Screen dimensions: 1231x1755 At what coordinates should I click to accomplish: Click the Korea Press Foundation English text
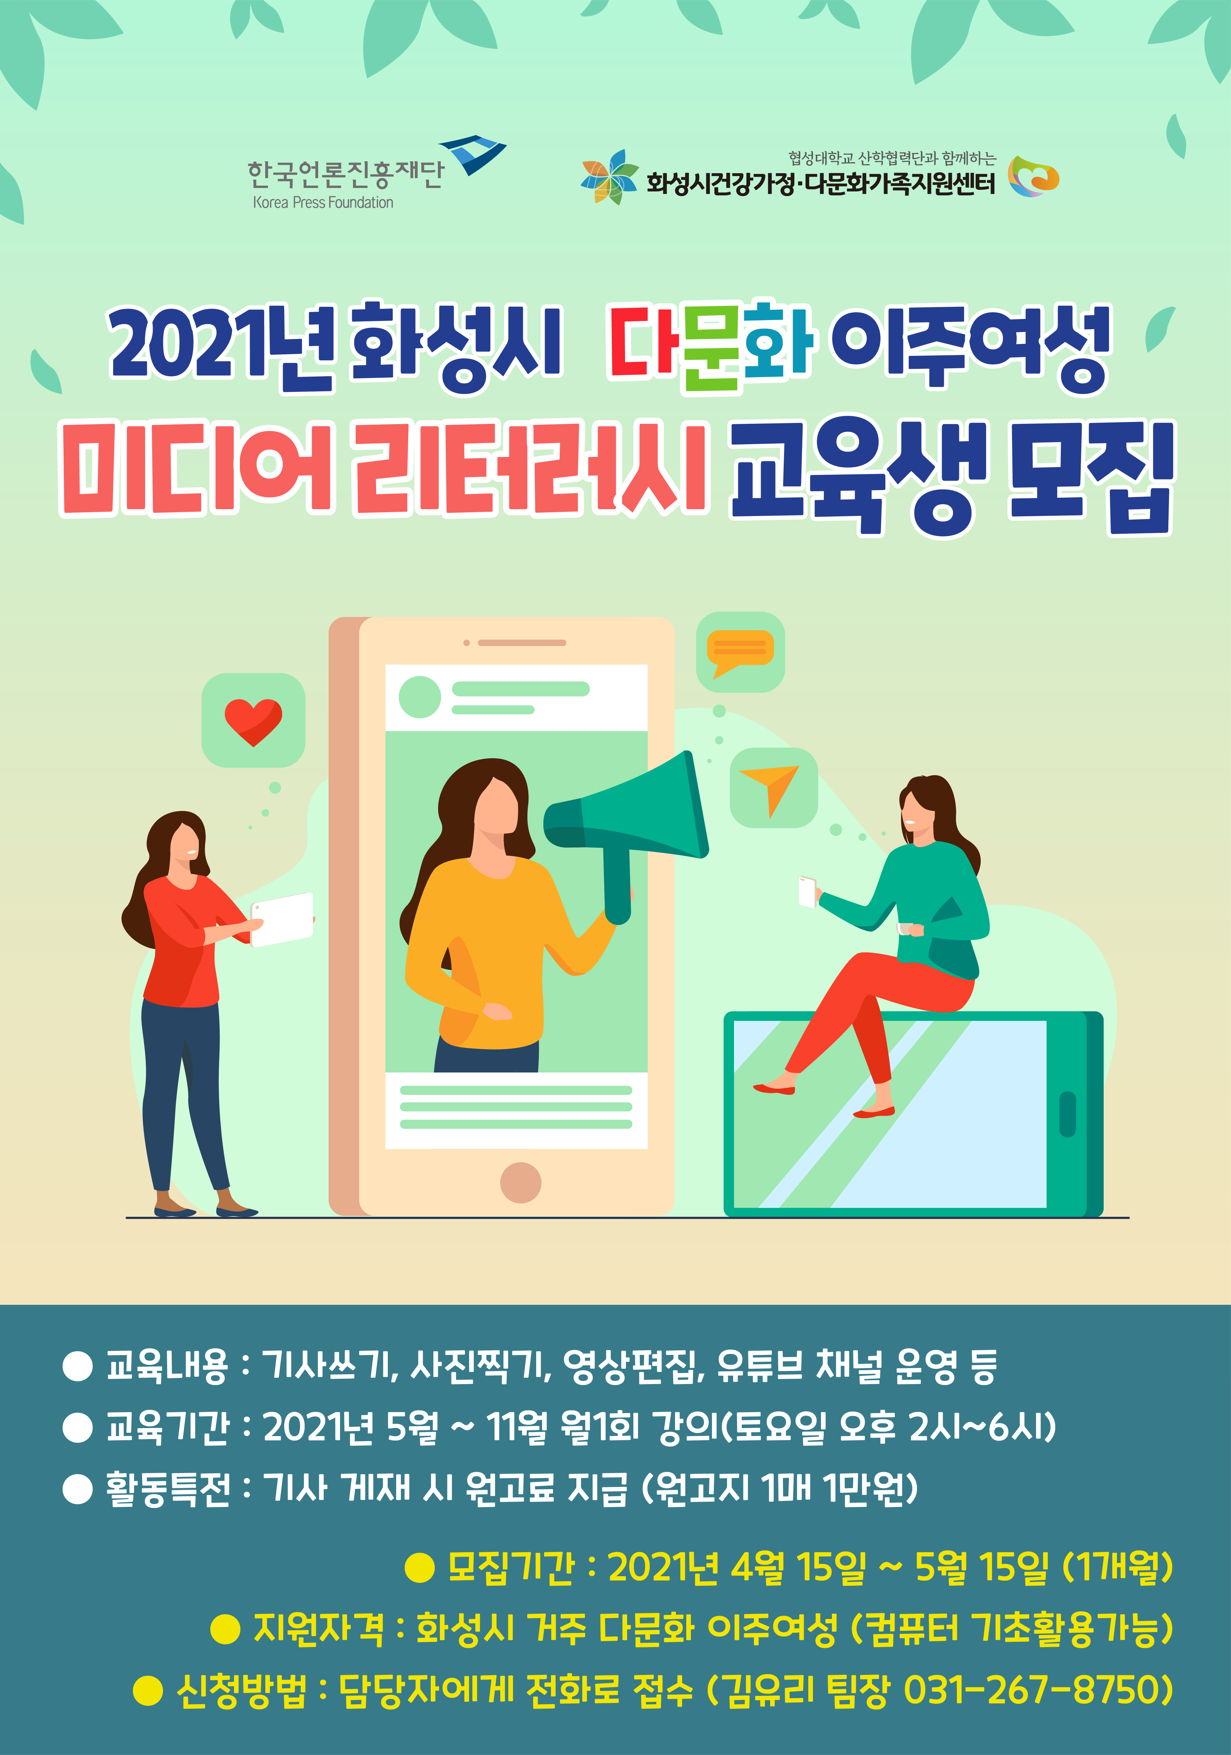323,202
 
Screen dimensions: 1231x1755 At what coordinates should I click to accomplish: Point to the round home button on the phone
520,1183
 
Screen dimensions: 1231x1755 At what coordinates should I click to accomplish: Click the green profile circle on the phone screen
419,697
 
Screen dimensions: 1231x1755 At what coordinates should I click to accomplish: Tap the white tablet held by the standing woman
282,919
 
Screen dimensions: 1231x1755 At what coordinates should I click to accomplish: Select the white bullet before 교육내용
77,1364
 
